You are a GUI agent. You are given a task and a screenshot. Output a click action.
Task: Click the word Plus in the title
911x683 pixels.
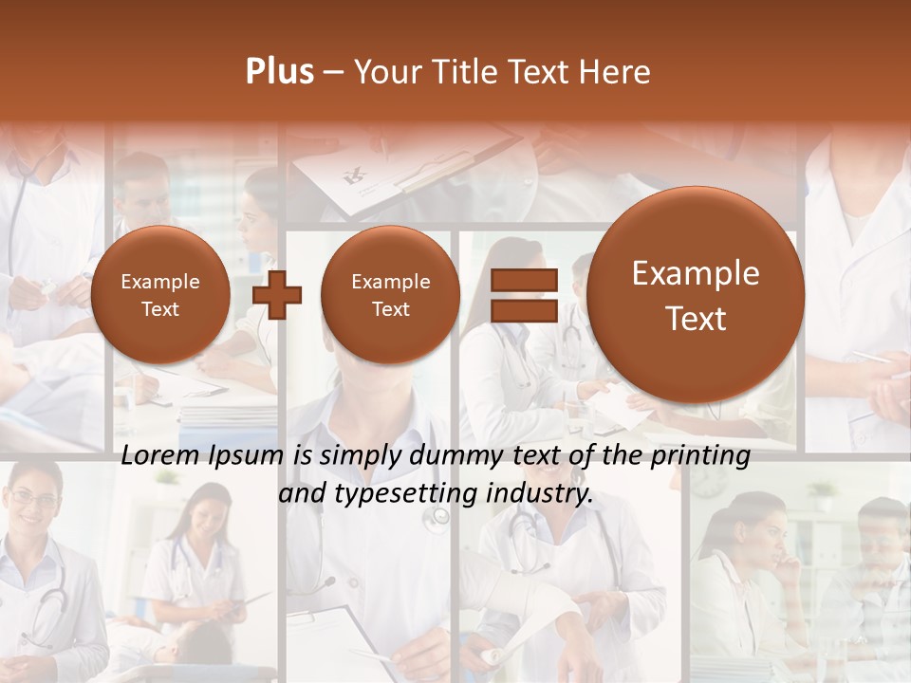279,72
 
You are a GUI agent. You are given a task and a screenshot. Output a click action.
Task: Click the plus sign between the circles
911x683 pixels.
277,295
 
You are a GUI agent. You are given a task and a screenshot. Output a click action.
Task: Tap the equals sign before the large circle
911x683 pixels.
524,295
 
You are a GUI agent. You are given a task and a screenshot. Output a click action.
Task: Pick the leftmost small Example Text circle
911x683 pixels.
159,295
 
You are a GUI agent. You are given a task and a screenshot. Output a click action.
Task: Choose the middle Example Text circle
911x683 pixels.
390,295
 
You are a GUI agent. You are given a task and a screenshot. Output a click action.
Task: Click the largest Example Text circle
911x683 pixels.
696,295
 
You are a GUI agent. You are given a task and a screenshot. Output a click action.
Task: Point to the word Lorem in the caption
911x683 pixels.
160,456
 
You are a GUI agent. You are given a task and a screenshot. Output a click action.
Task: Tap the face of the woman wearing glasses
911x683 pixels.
32,503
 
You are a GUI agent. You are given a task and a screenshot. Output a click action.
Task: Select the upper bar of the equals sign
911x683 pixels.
524,281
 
